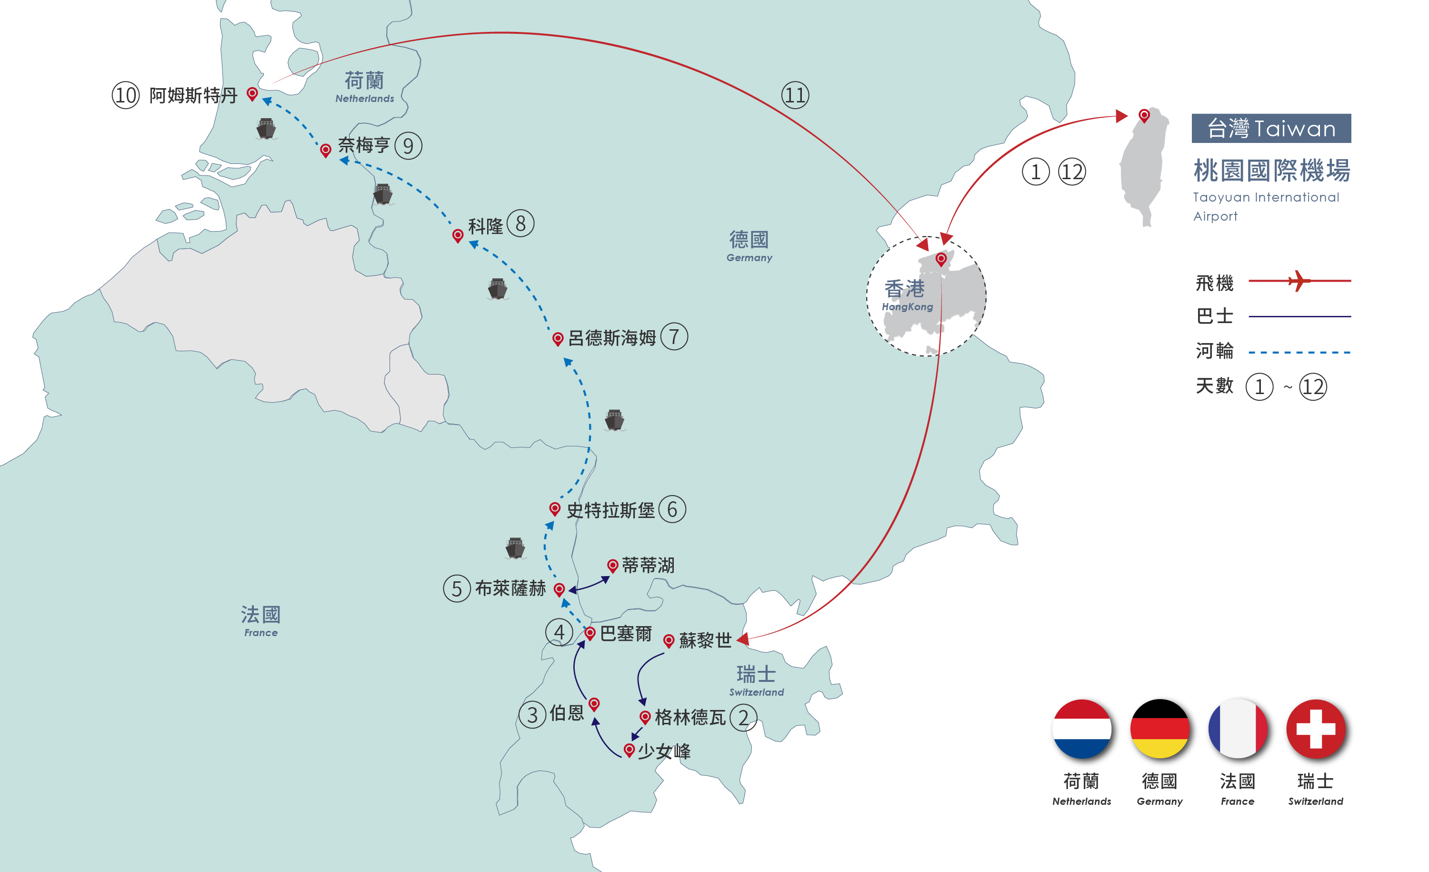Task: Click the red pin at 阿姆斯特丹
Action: click(x=252, y=93)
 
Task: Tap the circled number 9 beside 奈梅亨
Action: click(x=408, y=146)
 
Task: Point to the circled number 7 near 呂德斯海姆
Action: click(x=674, y=336)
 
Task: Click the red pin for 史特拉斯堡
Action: click(x=555, y=509)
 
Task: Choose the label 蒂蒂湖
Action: click(x=649, y=565)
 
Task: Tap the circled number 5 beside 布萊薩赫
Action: click(x=457, y=588)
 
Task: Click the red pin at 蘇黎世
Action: click(x=669, y=640)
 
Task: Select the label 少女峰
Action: click(x=664, y=751)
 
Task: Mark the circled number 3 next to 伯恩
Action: click(x=532, y=715)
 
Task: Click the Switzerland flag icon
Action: click(x=1316, y=729)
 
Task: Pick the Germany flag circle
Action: click(x=1160, y=729)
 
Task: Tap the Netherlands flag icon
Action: click(x=1082, y=729)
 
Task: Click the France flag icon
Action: click(x=1238, y=729)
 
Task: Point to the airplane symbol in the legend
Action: click(x=1299, y=281)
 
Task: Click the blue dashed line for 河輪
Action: click(x=1299, y=352)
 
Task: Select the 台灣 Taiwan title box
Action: click(x=1271, y=128)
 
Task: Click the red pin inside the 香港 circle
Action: click(x=941, y=259)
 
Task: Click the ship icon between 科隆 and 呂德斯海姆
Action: click(x=498, y=289)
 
